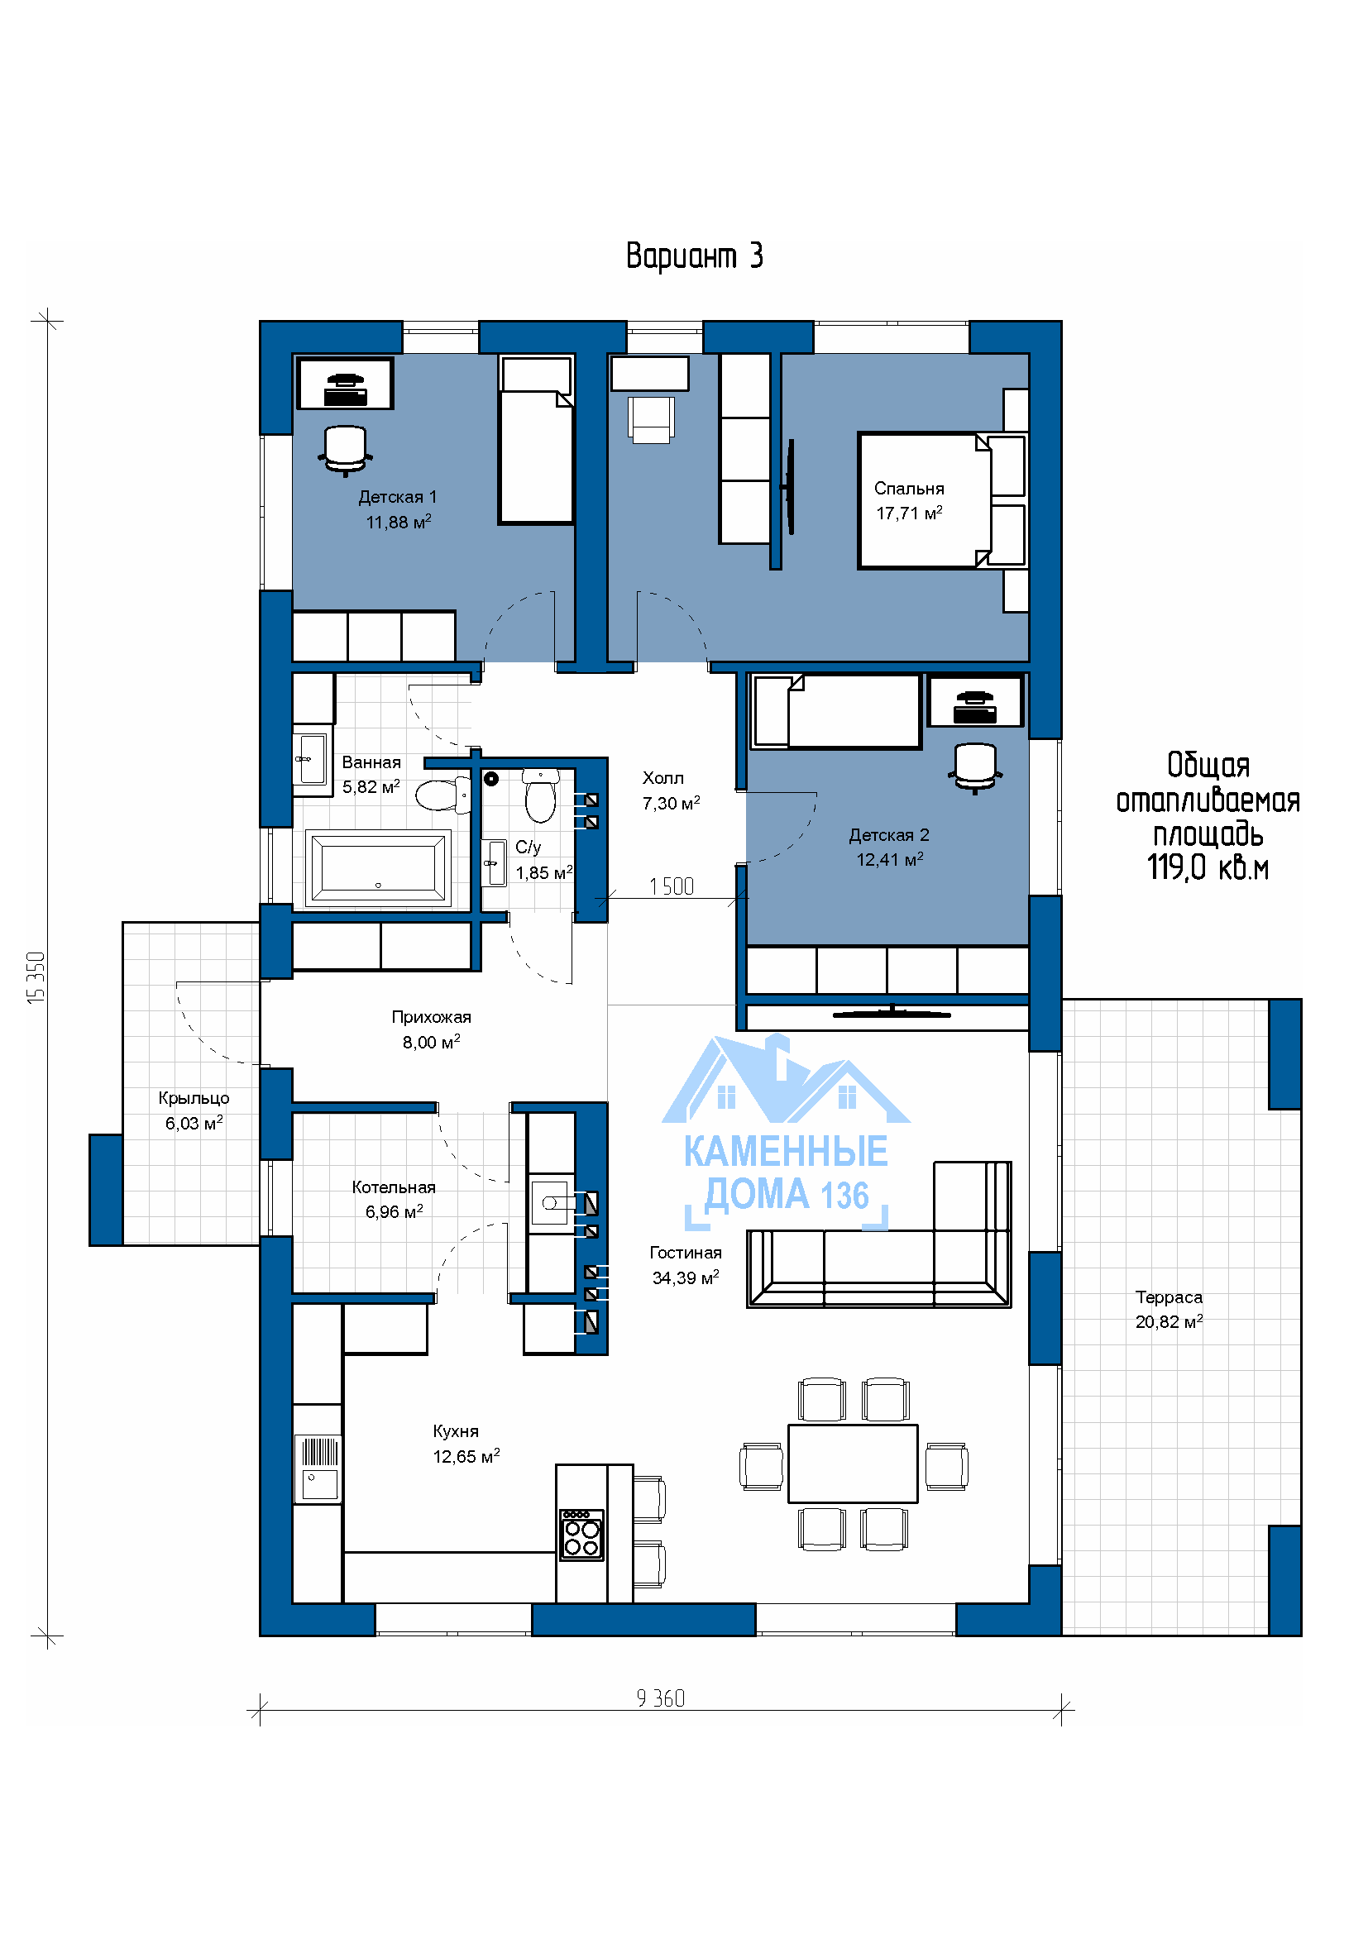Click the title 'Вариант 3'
point(694,256)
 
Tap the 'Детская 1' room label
point(398,497)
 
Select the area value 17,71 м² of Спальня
point(909,513)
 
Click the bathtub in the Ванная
point(378,867)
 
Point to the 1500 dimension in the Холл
point(672,886)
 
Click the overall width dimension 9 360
point(660,1698)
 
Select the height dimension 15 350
point(36,977)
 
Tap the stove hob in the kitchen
point(582,1535)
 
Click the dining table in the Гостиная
point(853,1464)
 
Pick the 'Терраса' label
point(1169,1297)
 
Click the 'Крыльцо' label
point(194,1098)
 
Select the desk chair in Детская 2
point(975,766)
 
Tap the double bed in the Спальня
point(942,500)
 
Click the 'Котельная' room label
point(394,1187)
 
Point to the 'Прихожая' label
point(431,1018)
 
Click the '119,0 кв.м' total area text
point(1207,867)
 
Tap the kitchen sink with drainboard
point(320,1468)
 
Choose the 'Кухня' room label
point(456,1431)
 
